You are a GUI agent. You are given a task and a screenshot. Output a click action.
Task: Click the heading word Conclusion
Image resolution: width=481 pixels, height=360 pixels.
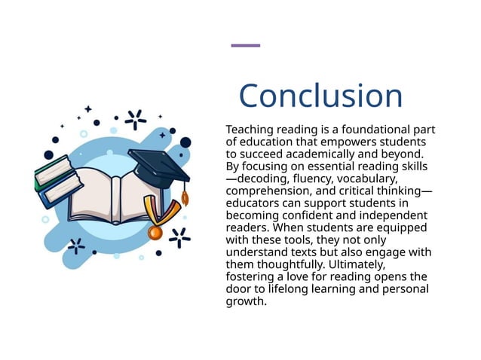[x=320, y=96]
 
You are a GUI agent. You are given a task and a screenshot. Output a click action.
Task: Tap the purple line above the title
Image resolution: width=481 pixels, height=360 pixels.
[x=245, y=45]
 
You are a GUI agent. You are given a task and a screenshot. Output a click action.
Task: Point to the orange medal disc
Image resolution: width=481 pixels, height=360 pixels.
[x=155, y=232]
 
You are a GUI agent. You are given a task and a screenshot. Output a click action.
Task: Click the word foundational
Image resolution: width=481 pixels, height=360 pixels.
[x=361, y=130]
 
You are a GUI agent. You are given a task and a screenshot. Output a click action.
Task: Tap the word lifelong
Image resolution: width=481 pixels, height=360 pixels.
[x=287, y=289]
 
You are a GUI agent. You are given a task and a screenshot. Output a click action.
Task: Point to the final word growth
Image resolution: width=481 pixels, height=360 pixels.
[x=246, y=301]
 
